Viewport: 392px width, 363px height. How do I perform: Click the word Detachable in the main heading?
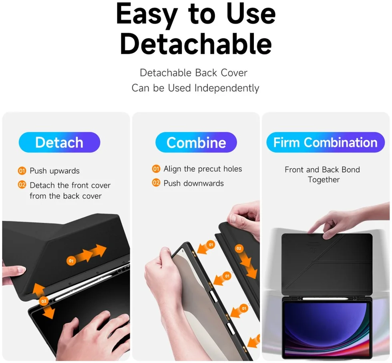(196, 44)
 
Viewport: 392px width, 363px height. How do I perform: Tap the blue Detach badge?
(60, 142)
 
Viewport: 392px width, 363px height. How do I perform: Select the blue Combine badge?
(196, 142)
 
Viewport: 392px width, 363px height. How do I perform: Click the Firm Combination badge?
(325, 142)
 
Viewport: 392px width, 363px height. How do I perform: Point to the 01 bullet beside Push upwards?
(22, 171)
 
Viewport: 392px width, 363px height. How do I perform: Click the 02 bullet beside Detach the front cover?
(22, 185)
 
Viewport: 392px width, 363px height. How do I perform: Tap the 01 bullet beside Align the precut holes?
(156, 169)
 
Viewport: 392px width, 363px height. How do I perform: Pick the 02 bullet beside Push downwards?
(156, 183)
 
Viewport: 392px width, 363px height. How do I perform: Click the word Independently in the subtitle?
(227, 88)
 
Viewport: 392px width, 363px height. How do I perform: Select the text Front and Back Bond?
(322, 170)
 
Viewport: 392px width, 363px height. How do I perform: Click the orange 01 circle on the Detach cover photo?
(71, 261)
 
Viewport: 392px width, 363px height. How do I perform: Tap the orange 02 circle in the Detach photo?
(44, 301)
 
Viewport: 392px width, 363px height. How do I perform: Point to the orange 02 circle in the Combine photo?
(239, 248)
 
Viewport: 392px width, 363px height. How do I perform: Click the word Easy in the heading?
(147, 14)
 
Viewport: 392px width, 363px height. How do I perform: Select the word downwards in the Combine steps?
(203, 183)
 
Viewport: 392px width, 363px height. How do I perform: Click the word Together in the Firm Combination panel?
(324, 180)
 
